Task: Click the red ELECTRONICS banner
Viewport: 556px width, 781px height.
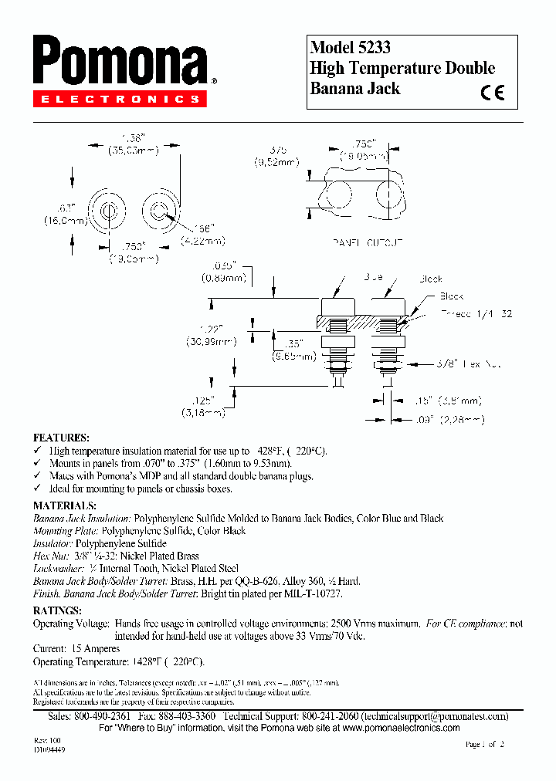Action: point(120,99)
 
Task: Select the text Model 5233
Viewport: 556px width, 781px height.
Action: point(350,47)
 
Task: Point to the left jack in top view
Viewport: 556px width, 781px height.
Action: point(107,211)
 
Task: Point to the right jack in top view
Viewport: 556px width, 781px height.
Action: point(161,211)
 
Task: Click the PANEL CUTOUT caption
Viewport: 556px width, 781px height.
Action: point(368,242)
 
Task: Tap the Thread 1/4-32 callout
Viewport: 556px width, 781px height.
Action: point(477,314)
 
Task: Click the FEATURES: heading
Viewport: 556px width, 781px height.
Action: point(62,437)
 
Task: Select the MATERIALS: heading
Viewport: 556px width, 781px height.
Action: point(65,505)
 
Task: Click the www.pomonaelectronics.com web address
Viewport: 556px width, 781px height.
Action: point(401,728)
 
